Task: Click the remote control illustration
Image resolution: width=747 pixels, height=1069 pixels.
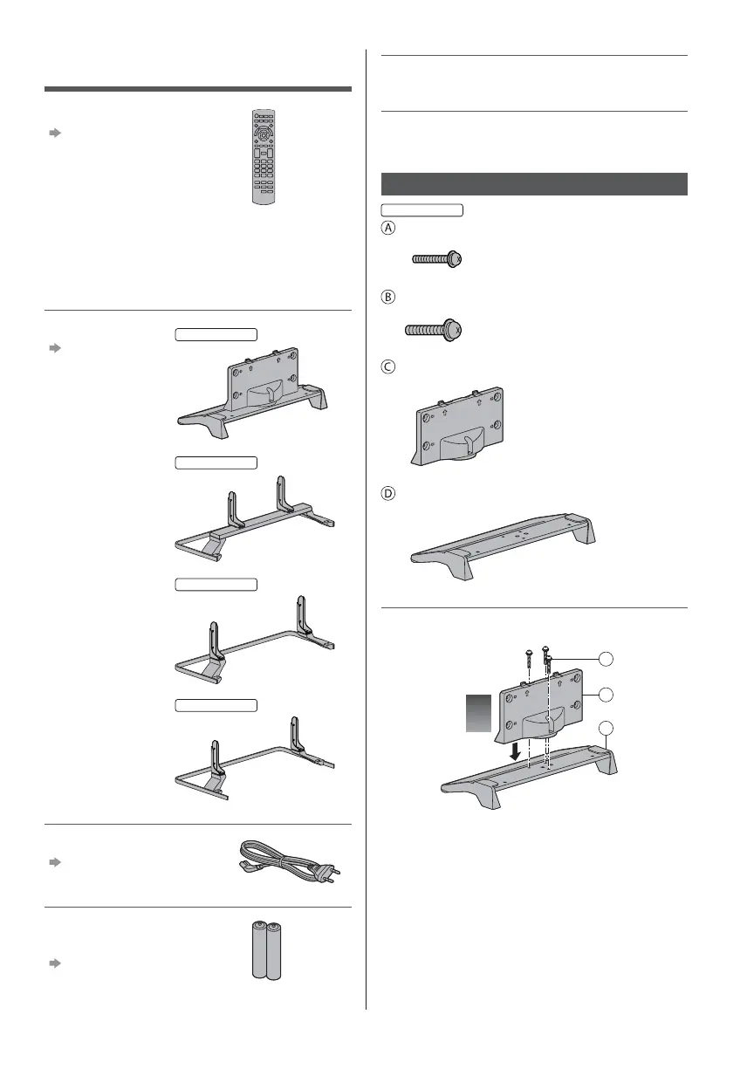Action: click(262, 157)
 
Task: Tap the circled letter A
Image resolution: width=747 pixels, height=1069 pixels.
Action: click(389, 228)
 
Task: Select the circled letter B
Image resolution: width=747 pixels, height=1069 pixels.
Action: click(389, 296)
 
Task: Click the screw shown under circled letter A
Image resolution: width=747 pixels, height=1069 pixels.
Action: click(435, 259)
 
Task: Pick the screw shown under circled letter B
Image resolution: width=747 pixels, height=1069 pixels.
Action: click(434, 330)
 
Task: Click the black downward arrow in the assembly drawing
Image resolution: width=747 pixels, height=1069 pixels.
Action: click(517, 750)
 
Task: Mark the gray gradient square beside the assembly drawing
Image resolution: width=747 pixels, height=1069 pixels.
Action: click(478, 714)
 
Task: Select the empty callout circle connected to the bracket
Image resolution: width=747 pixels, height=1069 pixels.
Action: click(606, 694)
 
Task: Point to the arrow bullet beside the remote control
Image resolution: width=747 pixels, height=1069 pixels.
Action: click(54, 134)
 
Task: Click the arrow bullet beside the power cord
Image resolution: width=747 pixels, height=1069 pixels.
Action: click(54, 861)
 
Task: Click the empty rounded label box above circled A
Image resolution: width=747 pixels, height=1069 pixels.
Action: click(422, 209)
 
